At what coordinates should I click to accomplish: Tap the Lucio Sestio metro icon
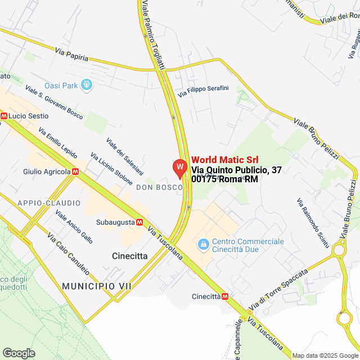(x=4, y=116)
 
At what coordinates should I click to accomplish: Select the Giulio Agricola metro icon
(x=75, y=172)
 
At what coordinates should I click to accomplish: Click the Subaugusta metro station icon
(x=138, y=222)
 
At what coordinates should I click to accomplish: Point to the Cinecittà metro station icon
(x=225, y=296)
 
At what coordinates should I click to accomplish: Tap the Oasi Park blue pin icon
(x=86, y=85)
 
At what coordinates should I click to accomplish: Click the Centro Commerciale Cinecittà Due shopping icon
(x=202, y=245)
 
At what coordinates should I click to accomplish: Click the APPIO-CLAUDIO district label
(x=49, y=202)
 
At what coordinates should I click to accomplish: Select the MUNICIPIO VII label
(x=97, y=286)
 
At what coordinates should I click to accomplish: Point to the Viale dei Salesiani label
(x=124, y=156)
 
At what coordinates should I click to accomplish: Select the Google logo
(x=19, y=353)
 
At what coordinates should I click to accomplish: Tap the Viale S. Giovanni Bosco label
(x=54, y=102)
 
